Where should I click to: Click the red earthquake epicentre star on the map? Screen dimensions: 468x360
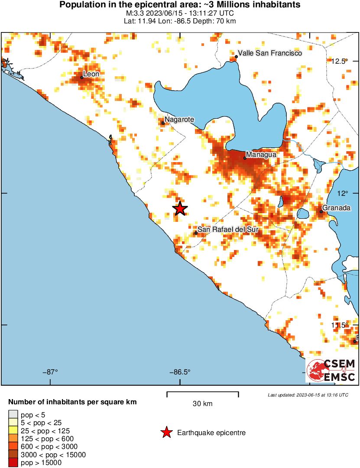click(x=180, y=208)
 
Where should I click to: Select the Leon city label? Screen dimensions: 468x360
click(x=91, y=74)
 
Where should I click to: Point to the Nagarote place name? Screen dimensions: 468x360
click(x=179, y=119)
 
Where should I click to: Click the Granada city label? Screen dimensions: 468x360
click(x=336, y=208)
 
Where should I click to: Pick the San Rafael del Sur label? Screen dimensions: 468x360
click(x=227, y=229)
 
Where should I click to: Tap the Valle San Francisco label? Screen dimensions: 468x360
click(x=270, y=53)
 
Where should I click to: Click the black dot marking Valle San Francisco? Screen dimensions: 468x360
click(x=237, y=56)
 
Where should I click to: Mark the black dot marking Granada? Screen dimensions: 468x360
click(x=321, y=211)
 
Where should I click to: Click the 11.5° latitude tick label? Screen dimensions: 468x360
click(x=339, y=325)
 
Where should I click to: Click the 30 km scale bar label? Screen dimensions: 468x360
click(x=202, y=404)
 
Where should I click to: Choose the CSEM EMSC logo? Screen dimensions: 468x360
click(x=331, y=370)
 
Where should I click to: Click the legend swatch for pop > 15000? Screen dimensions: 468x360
click(x=13, y=463)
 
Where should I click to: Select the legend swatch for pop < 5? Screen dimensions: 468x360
click(x=13, y=415)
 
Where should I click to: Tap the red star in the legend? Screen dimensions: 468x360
click(x=166, y=432)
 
